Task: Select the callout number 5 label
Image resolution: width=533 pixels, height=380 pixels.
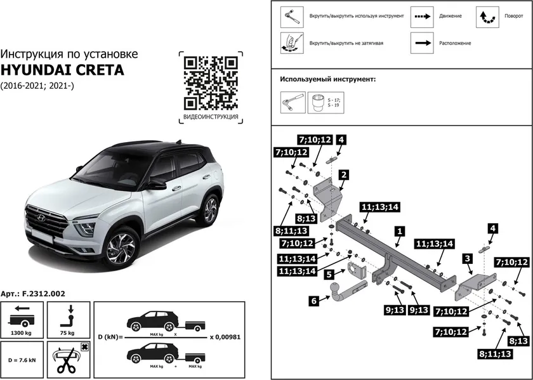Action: pos(329,275)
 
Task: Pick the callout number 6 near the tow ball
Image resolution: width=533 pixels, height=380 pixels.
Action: pos(314,302)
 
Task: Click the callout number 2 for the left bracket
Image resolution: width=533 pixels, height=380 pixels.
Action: pos(342,174)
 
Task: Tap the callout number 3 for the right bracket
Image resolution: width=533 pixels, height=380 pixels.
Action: pos(467,258)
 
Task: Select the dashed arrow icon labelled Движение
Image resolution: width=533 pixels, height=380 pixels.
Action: pos(421,15)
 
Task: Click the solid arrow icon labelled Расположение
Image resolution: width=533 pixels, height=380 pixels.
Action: pos(421,43)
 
